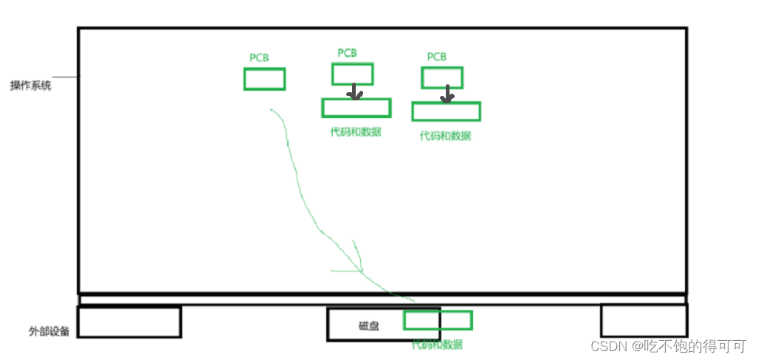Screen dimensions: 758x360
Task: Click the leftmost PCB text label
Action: (x=259, y=57)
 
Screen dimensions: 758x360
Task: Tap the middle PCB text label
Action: (x=347, y=53)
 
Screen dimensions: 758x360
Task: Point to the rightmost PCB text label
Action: (x=436, y=57)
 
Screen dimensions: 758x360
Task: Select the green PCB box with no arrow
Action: (x=264, y=79)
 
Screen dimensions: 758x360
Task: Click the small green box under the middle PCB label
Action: (x=352, y=74)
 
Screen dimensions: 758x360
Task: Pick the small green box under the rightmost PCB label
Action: (x=442, y=77)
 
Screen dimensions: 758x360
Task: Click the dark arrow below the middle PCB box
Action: (x=355, y=92)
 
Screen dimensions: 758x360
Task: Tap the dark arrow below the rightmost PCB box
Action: (x=446, y=94)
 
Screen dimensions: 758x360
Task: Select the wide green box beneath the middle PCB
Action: (x=356, y=108)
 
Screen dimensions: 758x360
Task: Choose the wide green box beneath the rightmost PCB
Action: (x=446, y=111)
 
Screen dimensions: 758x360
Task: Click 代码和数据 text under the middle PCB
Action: (x=356, y=133)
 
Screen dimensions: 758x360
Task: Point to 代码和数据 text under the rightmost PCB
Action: (x=445, y=136)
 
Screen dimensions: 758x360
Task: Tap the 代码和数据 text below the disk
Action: (x=437, y=345)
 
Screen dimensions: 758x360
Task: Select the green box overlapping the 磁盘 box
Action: (x=438, y=320)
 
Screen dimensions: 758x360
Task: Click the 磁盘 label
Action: (x=369, y=326)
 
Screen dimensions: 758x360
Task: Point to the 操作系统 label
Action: (x=30, y=86)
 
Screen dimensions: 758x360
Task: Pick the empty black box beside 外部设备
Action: (x=129, y=322)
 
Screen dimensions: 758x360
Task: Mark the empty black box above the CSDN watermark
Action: (x=644, y=321)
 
